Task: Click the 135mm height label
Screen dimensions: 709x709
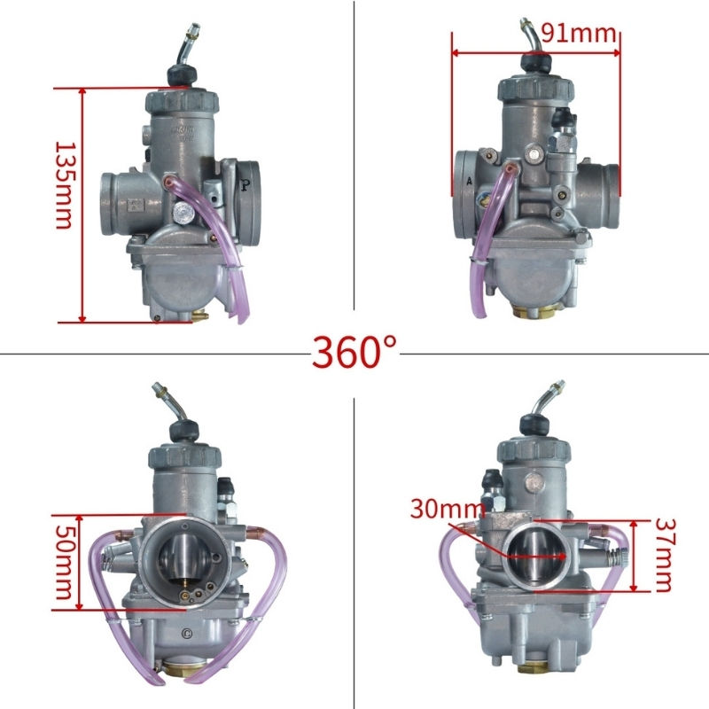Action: tap(62, 183)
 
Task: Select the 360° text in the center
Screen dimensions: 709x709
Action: tap(354, 352)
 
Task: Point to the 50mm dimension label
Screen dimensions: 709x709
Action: tap(62, 563)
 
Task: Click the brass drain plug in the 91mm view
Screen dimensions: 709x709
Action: tap(535, 311)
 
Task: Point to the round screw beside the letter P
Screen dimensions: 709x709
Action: tap(182, 213)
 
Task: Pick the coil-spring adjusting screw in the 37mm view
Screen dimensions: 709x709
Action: tap(620, 561)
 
